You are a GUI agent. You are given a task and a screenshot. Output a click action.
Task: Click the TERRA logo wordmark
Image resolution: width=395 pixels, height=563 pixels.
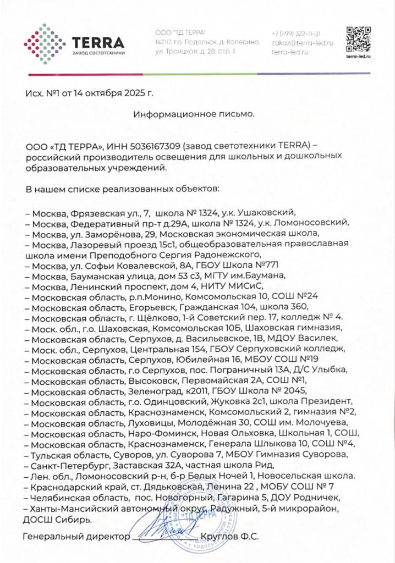(98, 42)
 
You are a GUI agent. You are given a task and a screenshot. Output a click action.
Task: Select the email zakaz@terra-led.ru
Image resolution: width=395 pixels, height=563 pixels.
(303, 42)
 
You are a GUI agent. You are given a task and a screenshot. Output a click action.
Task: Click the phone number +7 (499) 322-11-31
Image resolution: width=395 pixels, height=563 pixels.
(296, 34)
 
